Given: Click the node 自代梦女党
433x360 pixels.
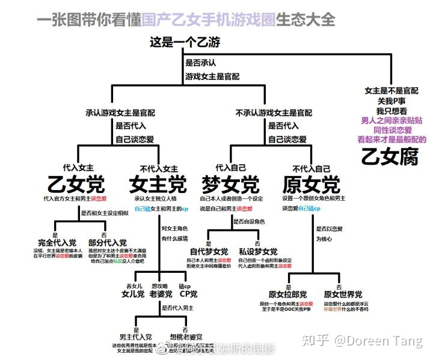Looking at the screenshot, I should point(209,251).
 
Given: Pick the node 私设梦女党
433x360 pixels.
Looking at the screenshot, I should point(257,251).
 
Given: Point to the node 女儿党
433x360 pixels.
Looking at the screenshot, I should point(133,294).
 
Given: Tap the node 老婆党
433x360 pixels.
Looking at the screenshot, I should point(161,294).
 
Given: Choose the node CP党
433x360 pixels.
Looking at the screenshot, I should point(189,294).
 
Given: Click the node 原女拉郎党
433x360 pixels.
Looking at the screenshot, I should point(287,294).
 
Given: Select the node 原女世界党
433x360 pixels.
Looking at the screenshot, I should point(343,294).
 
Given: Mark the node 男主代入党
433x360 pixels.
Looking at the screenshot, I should point(135,337).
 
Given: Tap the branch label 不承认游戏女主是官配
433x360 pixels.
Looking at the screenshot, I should point(274,112).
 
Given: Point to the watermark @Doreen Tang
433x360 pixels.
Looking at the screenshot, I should point(378,341).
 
